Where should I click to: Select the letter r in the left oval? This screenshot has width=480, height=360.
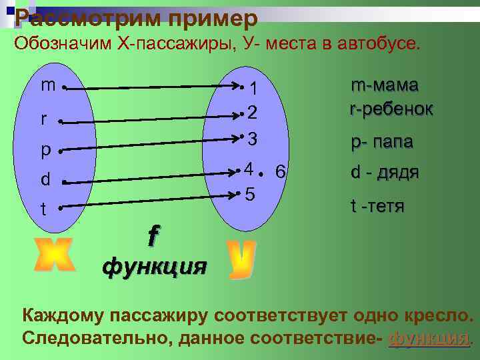click(44, 121)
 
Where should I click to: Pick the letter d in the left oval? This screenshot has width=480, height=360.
click(45, 180)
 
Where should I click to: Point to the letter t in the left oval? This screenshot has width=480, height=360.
click(44, 209)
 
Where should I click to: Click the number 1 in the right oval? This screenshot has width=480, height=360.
click(253, 89)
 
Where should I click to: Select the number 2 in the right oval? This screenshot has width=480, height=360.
click(252, 113)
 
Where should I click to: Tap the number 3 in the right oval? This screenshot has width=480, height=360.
click(252, 140)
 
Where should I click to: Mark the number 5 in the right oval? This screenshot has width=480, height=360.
click(249, 195)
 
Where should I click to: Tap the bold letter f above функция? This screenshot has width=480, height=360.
click(154, 235)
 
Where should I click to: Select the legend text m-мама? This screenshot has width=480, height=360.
click(385, 86)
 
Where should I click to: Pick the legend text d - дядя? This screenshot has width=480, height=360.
click(385, 173)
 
